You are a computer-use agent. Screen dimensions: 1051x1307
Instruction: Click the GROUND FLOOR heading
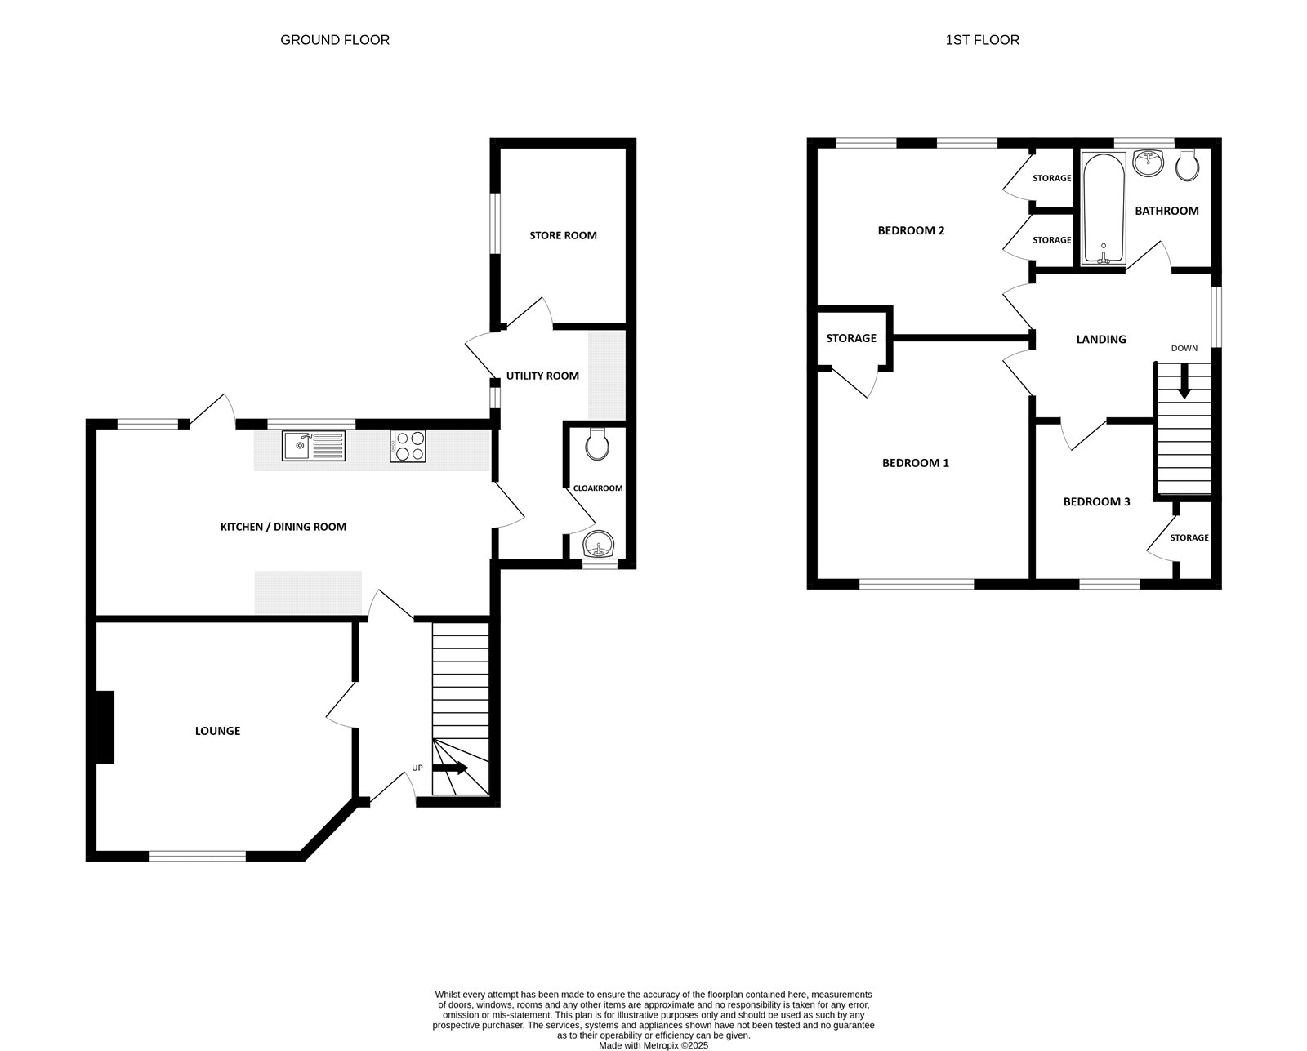point(334,40)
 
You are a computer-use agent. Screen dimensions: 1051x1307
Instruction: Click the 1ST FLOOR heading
point(982,40)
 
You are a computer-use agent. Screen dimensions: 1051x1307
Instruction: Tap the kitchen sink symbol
point(314,446)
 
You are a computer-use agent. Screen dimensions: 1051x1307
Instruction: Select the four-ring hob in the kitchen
point(408,447)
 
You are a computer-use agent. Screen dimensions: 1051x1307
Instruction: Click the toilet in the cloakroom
point(598,443)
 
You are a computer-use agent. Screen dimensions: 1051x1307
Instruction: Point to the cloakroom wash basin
point(599,543)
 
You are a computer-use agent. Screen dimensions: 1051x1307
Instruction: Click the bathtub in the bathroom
point(1103,209)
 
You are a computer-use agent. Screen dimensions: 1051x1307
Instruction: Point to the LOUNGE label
point(217,731)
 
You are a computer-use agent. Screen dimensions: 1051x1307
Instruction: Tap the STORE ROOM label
point(563,235)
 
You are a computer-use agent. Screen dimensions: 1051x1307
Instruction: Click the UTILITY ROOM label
point(542,376)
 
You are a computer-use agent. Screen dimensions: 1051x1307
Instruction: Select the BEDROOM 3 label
point(1096,501)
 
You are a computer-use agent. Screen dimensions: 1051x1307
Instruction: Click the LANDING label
point(1100,339)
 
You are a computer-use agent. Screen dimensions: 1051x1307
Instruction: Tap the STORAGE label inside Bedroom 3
point(1189,537)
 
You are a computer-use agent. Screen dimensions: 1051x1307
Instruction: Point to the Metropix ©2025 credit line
point(653,1044)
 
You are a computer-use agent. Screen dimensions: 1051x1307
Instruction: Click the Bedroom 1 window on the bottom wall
point(917,583)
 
